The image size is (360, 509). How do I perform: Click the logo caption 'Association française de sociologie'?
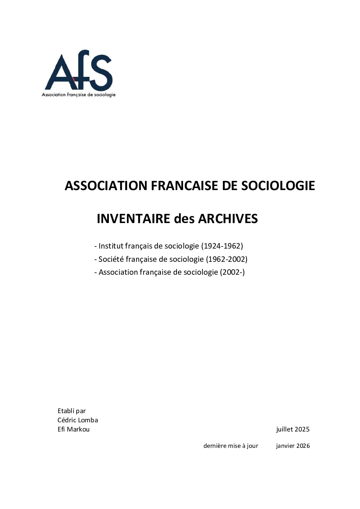(79, 95)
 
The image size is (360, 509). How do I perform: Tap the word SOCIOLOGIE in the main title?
(278, 186)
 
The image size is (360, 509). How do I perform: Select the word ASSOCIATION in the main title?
(106, 186)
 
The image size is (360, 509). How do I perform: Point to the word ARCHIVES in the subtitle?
(228, 219)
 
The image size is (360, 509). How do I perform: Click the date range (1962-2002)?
(227, 259)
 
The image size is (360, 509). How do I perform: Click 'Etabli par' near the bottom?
(71, 411)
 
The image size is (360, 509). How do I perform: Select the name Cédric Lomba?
(78, 420)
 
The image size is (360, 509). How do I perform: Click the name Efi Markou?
(73, 429)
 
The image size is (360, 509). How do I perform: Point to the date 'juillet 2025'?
(293, 429)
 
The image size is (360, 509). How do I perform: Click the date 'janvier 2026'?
(293, 446)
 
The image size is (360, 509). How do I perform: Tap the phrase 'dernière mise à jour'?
(231, 446)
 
